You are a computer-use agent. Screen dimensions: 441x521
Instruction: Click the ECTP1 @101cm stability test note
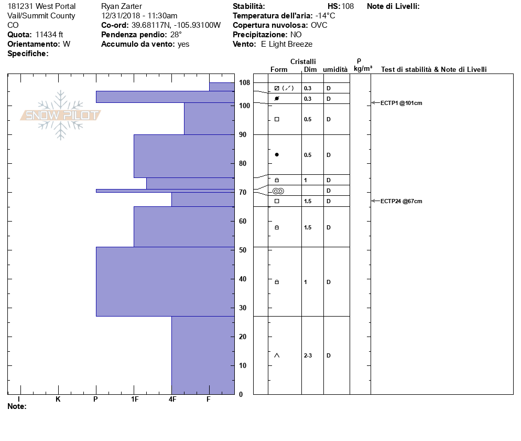tap(401, 103)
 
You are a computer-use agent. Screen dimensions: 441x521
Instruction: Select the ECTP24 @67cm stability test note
tap(401, 201)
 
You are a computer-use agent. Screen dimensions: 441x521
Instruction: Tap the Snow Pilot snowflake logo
tap(61, 115)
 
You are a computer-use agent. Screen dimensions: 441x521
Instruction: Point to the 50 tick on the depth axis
tap(243, 250)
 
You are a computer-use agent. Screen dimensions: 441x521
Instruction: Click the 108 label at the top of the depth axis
tap(244, 83)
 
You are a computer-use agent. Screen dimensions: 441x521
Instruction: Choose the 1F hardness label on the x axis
tap(134, 400)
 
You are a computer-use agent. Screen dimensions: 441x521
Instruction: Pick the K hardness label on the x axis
tap(58, 400)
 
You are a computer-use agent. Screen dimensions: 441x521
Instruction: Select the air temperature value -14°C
tap(325, 16)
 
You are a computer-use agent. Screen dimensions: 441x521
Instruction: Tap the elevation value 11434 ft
tap(49, 35)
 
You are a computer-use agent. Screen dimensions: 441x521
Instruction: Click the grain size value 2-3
tap(308, 355)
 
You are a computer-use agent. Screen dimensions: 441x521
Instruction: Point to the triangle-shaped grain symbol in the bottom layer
tap(277, 355)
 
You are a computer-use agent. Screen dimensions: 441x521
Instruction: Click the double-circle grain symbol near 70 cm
tap(278, 191)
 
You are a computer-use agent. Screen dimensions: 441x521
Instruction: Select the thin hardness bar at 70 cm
tap(165, 191)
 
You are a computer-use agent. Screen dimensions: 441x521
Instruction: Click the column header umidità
tap(335, 69)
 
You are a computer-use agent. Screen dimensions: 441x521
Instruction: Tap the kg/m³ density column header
tap(363, 69)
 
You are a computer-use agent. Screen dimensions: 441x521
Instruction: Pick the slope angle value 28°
tap(176, 35)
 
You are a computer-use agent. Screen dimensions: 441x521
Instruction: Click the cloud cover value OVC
tap(319, 25)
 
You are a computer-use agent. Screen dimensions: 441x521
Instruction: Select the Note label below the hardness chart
tap(17, 406)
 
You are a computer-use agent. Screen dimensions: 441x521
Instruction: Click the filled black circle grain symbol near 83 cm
tap(277, 155)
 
